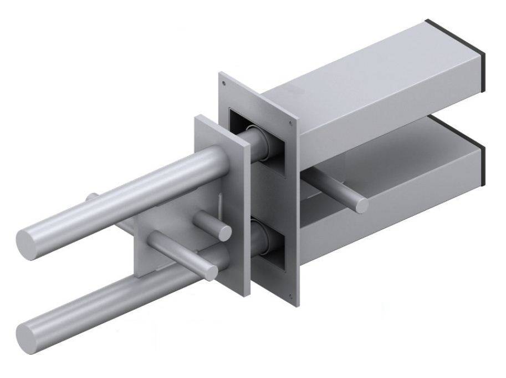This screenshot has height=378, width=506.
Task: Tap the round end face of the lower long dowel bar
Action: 28,335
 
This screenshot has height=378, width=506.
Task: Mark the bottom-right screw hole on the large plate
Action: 290,295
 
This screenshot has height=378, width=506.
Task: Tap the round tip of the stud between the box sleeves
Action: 362,205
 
